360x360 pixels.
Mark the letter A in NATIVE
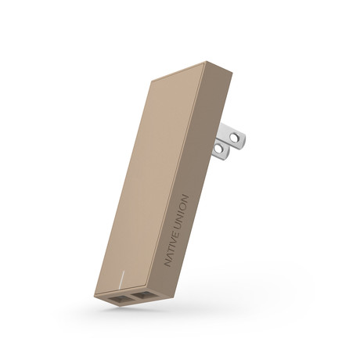[x=167, y=256]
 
